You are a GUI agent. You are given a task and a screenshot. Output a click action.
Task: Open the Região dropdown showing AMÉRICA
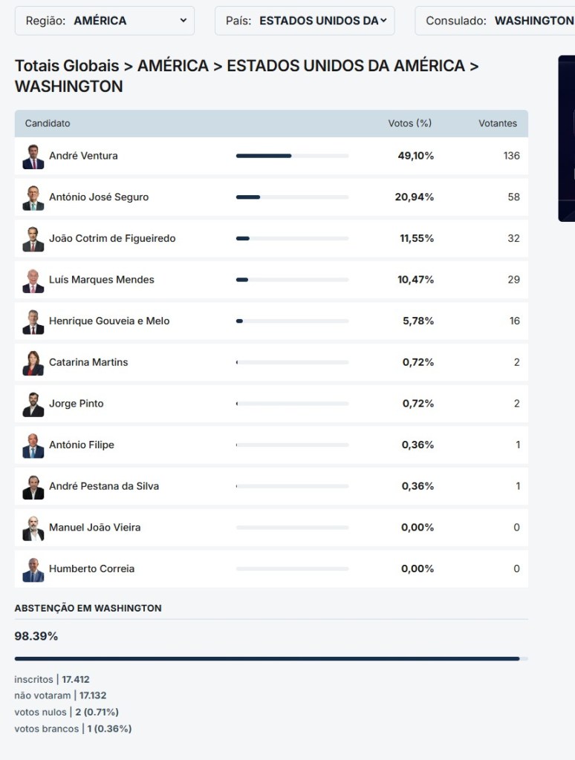tap(104, 21)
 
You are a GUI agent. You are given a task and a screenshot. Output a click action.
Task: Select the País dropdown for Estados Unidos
tap(305, 21)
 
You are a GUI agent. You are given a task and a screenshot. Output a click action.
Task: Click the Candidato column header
tap(48, 123)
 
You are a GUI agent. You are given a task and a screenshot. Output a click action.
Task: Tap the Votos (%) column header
tap(409, 123)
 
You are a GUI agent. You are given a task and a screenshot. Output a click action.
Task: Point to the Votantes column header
tap(497, 123)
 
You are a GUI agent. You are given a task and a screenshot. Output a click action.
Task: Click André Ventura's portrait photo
tap(33, 157)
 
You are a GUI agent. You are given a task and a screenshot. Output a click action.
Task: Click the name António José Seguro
tap(99, 197)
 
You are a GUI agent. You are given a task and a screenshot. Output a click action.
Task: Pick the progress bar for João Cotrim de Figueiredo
tap(292, 238)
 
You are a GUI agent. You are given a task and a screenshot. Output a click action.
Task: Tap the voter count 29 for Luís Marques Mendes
tap(513, 280)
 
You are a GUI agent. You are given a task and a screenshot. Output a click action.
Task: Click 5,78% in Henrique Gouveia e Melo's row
tap(418, 321)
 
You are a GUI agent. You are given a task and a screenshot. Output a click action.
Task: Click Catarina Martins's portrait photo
tap(33, 363)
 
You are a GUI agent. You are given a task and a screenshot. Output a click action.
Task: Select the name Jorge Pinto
tap(77, 404)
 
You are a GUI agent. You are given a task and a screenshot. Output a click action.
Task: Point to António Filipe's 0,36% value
tap(418, 445)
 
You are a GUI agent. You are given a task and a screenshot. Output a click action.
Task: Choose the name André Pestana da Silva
tap(104, 486)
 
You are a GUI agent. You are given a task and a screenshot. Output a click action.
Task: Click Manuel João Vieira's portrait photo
tap(33, 528)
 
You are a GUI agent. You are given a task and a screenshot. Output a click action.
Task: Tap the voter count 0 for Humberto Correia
tap(516, 569)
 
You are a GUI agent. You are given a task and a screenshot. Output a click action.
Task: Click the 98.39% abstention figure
tap(36, 636)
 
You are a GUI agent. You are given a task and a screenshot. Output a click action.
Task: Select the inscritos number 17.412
tap(76, 679)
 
